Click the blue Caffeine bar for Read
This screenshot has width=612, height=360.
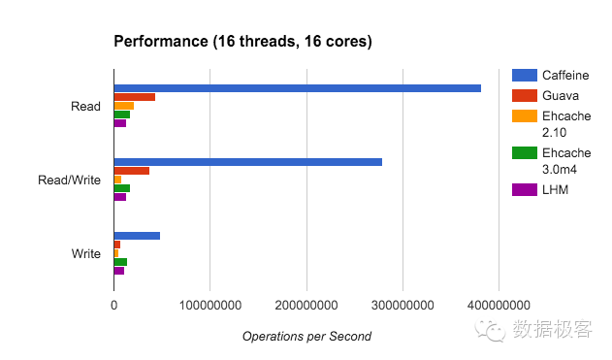pyautogui.click(x=298, y=88)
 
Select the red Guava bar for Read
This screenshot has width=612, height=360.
pyautogui.click(x=135, y=97)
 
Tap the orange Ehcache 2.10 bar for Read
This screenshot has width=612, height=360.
pyautogui.click(x=124, y=106)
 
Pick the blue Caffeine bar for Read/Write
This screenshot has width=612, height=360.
pyautogui.click(x=248, y=162)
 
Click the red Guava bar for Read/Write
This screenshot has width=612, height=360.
pyautogui.click(x=132, y=171)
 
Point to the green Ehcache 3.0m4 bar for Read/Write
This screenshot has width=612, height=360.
pyautogui.click(x=122, y=188)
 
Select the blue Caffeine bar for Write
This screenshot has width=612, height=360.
pyautogui.click(x=137, y=236)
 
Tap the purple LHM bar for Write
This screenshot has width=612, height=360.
pyautogui.click(x=119, y=271)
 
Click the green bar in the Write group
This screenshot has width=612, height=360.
pyautogui.click(x=120, y=262)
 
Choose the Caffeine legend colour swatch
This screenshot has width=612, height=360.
pyautogui.click(x=525, y=75)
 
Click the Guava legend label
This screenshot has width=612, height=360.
pyautogui.click(x=561, y=96)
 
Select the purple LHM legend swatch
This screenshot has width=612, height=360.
pyautogui.click(x=525, y=189)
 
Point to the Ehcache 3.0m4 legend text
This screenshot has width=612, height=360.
pyautogui.click(x=566, y=161)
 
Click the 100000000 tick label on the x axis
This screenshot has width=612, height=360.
pyautogui.click(x=210, y=305)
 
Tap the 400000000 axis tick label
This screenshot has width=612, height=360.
pyautogui.click(x=499, y=305)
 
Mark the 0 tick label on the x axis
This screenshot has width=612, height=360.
pyautogui.click(x=114, y=305)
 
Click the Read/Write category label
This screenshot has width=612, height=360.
pyautogui.click(x=69, y=180)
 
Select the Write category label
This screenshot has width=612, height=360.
pyautogui.click(x=86, y=254)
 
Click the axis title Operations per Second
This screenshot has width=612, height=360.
pyautogui.click(x=306, y=336)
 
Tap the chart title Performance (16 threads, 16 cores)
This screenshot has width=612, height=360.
pyautogui.click(x=242, y=42)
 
